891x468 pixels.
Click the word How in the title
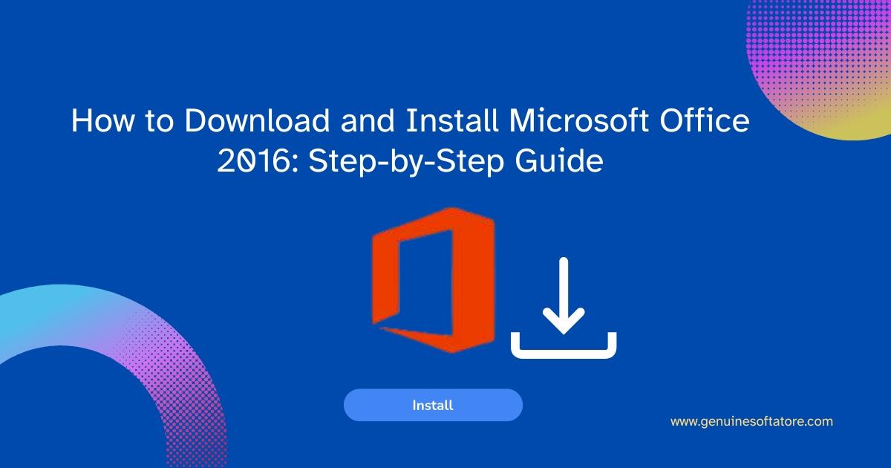tap(102, 120)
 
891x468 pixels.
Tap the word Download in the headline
tap(257, 120)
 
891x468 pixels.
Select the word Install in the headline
tap(452, 120)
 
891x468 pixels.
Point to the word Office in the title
tap(705, 120)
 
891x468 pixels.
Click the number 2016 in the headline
tap(252, 160)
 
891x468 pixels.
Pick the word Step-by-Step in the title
tap(406, 162)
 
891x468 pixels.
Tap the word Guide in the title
tap(559, 160)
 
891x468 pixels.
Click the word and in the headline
tap(368, 120)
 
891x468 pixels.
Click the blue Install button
tap(433, 405)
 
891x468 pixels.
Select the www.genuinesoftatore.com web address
tap(751, 421)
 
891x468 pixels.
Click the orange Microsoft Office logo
tap(433, 280)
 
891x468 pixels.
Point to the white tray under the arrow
tap(564, 353)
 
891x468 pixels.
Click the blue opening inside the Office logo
tap(425, 282)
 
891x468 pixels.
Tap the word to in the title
tap(160, 120)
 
